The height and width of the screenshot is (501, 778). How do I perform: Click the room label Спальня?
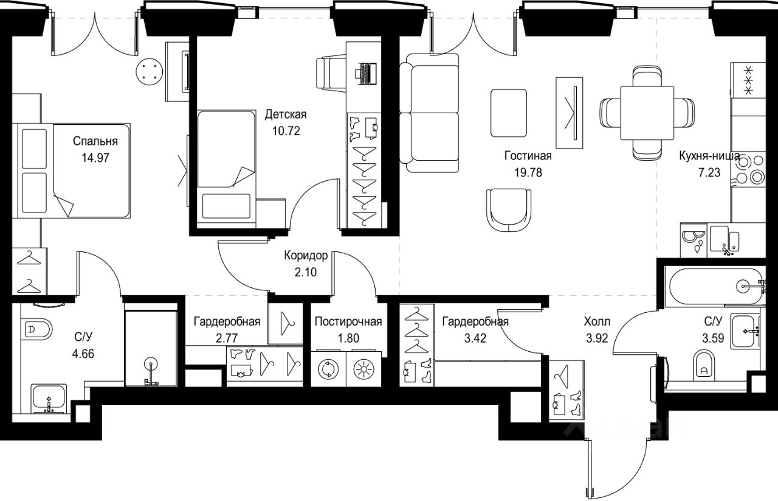[95, 141]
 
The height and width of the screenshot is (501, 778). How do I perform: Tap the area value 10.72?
[286, 131]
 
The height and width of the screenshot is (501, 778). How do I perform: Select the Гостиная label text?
[528, 155]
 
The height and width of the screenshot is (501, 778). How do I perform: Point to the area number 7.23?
[709, 172]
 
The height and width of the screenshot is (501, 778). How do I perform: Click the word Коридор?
[306, 256]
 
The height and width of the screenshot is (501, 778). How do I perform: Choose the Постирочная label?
[348, 321]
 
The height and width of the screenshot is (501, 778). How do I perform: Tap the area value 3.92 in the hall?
[597, 338]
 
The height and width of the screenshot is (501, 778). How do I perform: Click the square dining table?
[647, 113]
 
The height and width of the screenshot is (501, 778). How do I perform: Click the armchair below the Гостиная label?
[509, 210]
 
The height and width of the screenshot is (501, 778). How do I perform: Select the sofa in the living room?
[429, 113]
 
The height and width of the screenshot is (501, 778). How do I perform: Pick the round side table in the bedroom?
[150, 72]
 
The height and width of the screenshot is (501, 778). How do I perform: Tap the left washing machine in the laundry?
[328, 369]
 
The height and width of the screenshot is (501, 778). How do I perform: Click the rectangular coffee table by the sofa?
[509, 113]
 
